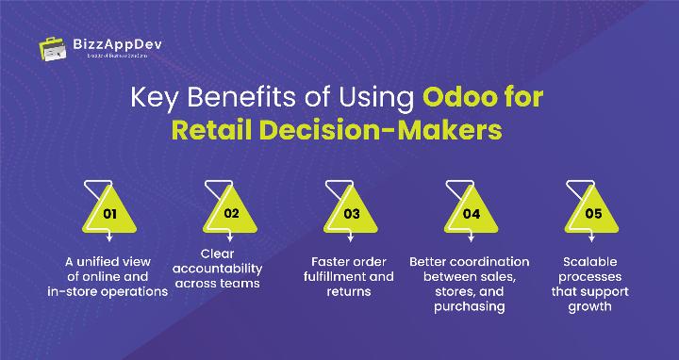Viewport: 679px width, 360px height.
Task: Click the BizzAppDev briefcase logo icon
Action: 53,47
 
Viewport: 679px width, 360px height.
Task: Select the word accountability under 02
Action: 229,267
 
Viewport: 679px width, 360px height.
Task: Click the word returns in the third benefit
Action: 351,292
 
